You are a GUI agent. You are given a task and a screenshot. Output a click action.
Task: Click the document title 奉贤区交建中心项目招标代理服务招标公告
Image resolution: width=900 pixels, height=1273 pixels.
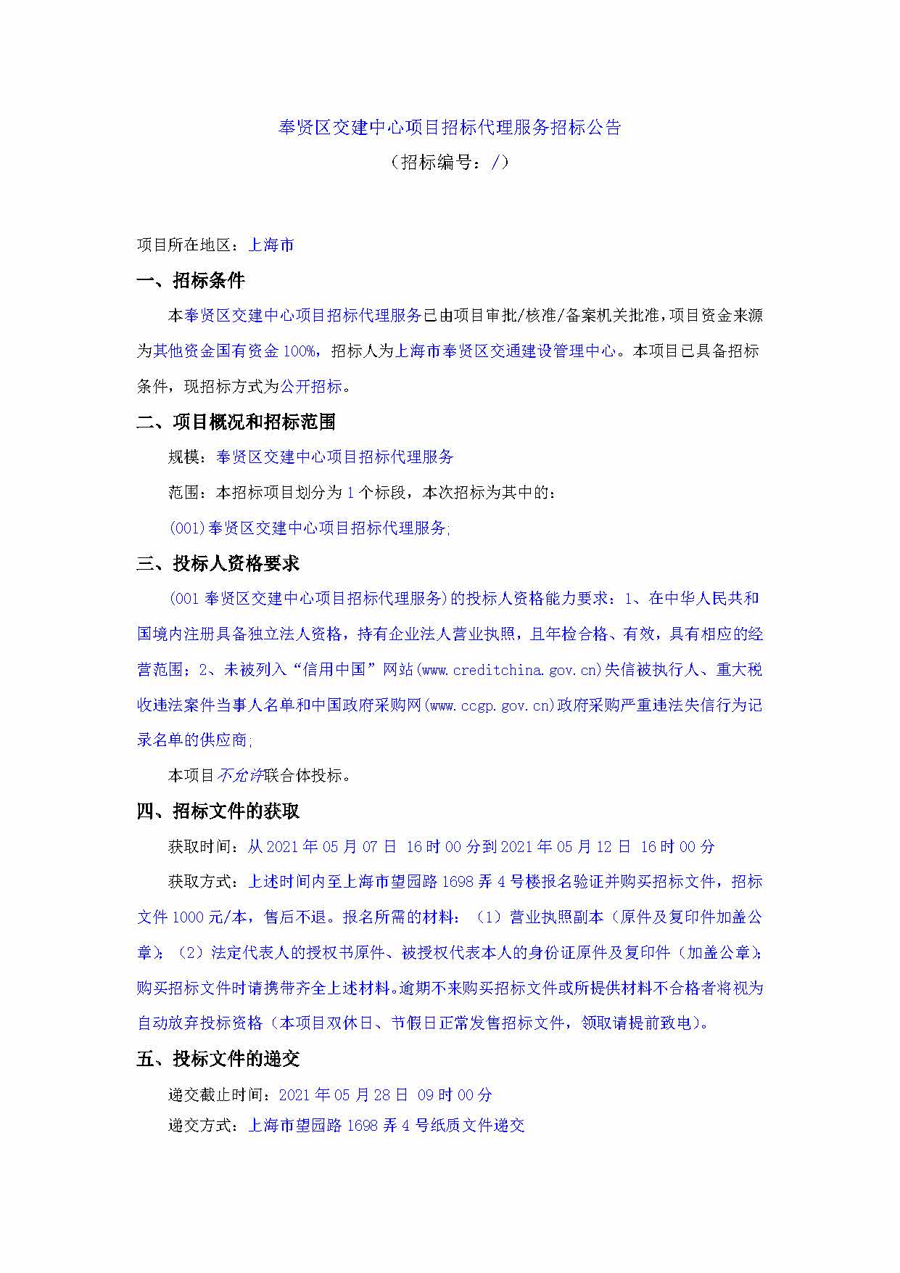click(450, 128)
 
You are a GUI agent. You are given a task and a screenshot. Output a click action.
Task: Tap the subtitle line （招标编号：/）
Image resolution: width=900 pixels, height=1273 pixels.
click(450, 162)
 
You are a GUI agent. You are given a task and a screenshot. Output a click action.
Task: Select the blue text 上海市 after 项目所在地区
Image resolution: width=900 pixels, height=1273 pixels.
click(271, 245)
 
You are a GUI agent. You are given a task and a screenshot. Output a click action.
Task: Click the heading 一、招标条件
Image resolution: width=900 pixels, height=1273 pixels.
click(191, 281)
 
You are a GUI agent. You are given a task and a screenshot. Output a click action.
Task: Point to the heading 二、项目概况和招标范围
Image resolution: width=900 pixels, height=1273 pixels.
click(236, 422)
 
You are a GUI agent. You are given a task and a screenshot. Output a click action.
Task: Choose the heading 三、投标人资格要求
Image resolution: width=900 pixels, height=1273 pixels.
click(218, 564)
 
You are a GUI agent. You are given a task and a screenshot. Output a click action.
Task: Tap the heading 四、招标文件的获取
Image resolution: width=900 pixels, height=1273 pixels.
click(218, 811)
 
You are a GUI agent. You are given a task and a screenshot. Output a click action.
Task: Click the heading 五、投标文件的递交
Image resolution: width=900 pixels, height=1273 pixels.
click(218, 1059)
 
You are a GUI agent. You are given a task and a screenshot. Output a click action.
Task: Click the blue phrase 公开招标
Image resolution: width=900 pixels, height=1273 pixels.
click(311, 387)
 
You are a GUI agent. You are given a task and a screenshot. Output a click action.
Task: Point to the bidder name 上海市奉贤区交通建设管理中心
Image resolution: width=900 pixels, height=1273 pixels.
click(505, 351)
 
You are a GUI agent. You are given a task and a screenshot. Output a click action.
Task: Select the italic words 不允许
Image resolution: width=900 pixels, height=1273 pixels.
click(240, 776)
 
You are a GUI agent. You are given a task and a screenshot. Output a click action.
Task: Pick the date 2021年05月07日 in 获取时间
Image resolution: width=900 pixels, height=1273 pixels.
click(331, 847)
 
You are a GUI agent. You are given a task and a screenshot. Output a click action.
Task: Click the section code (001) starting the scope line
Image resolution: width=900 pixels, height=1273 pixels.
click(188, 528)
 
